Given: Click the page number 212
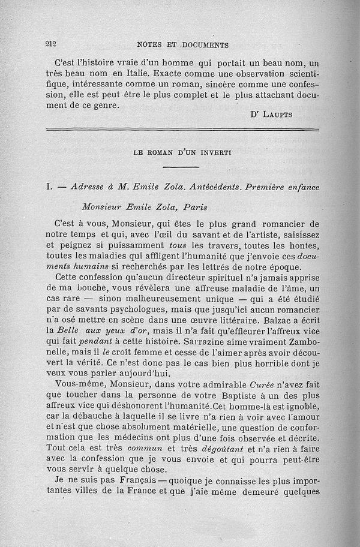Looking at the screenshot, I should click(x=50, y=44).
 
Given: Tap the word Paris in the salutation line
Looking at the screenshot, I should click(x=194, y=208).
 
